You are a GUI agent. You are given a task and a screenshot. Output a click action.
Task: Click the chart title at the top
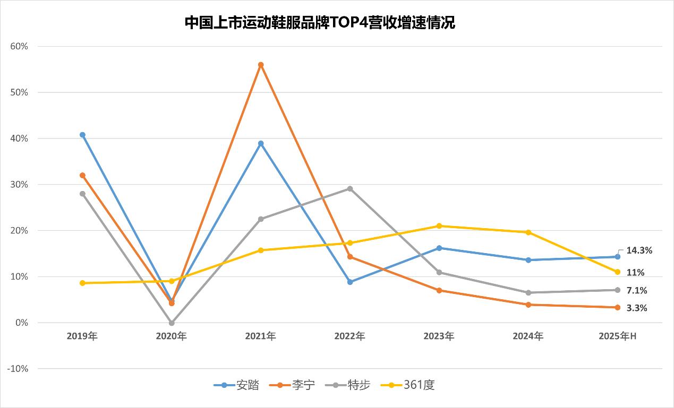(320, 23)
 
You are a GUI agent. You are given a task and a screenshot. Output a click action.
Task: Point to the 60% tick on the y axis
(19, 46)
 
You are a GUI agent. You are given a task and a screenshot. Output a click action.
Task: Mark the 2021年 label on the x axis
(260, 336)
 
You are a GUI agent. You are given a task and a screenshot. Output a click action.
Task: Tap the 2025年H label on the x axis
(617, 336)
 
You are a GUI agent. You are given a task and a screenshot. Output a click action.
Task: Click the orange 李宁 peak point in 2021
(261, 65)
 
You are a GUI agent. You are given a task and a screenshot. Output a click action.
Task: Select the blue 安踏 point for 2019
(82, 135)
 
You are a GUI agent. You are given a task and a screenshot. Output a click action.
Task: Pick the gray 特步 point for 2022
(350, 188)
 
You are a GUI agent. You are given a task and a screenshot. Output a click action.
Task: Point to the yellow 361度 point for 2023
(439, 226)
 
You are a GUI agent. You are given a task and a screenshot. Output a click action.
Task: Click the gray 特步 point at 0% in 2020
(172, 323)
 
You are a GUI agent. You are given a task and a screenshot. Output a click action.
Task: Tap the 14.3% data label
(639, 250)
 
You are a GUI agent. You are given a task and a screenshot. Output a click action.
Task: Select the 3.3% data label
(637, 308)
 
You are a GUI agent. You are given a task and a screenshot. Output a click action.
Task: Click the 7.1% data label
(637, 291)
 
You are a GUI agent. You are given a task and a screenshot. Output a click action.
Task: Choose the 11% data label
(635, 273)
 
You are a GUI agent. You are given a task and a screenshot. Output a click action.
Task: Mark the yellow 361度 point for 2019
(82, 283)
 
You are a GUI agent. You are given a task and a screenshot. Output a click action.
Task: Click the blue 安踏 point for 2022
(350, 282)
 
